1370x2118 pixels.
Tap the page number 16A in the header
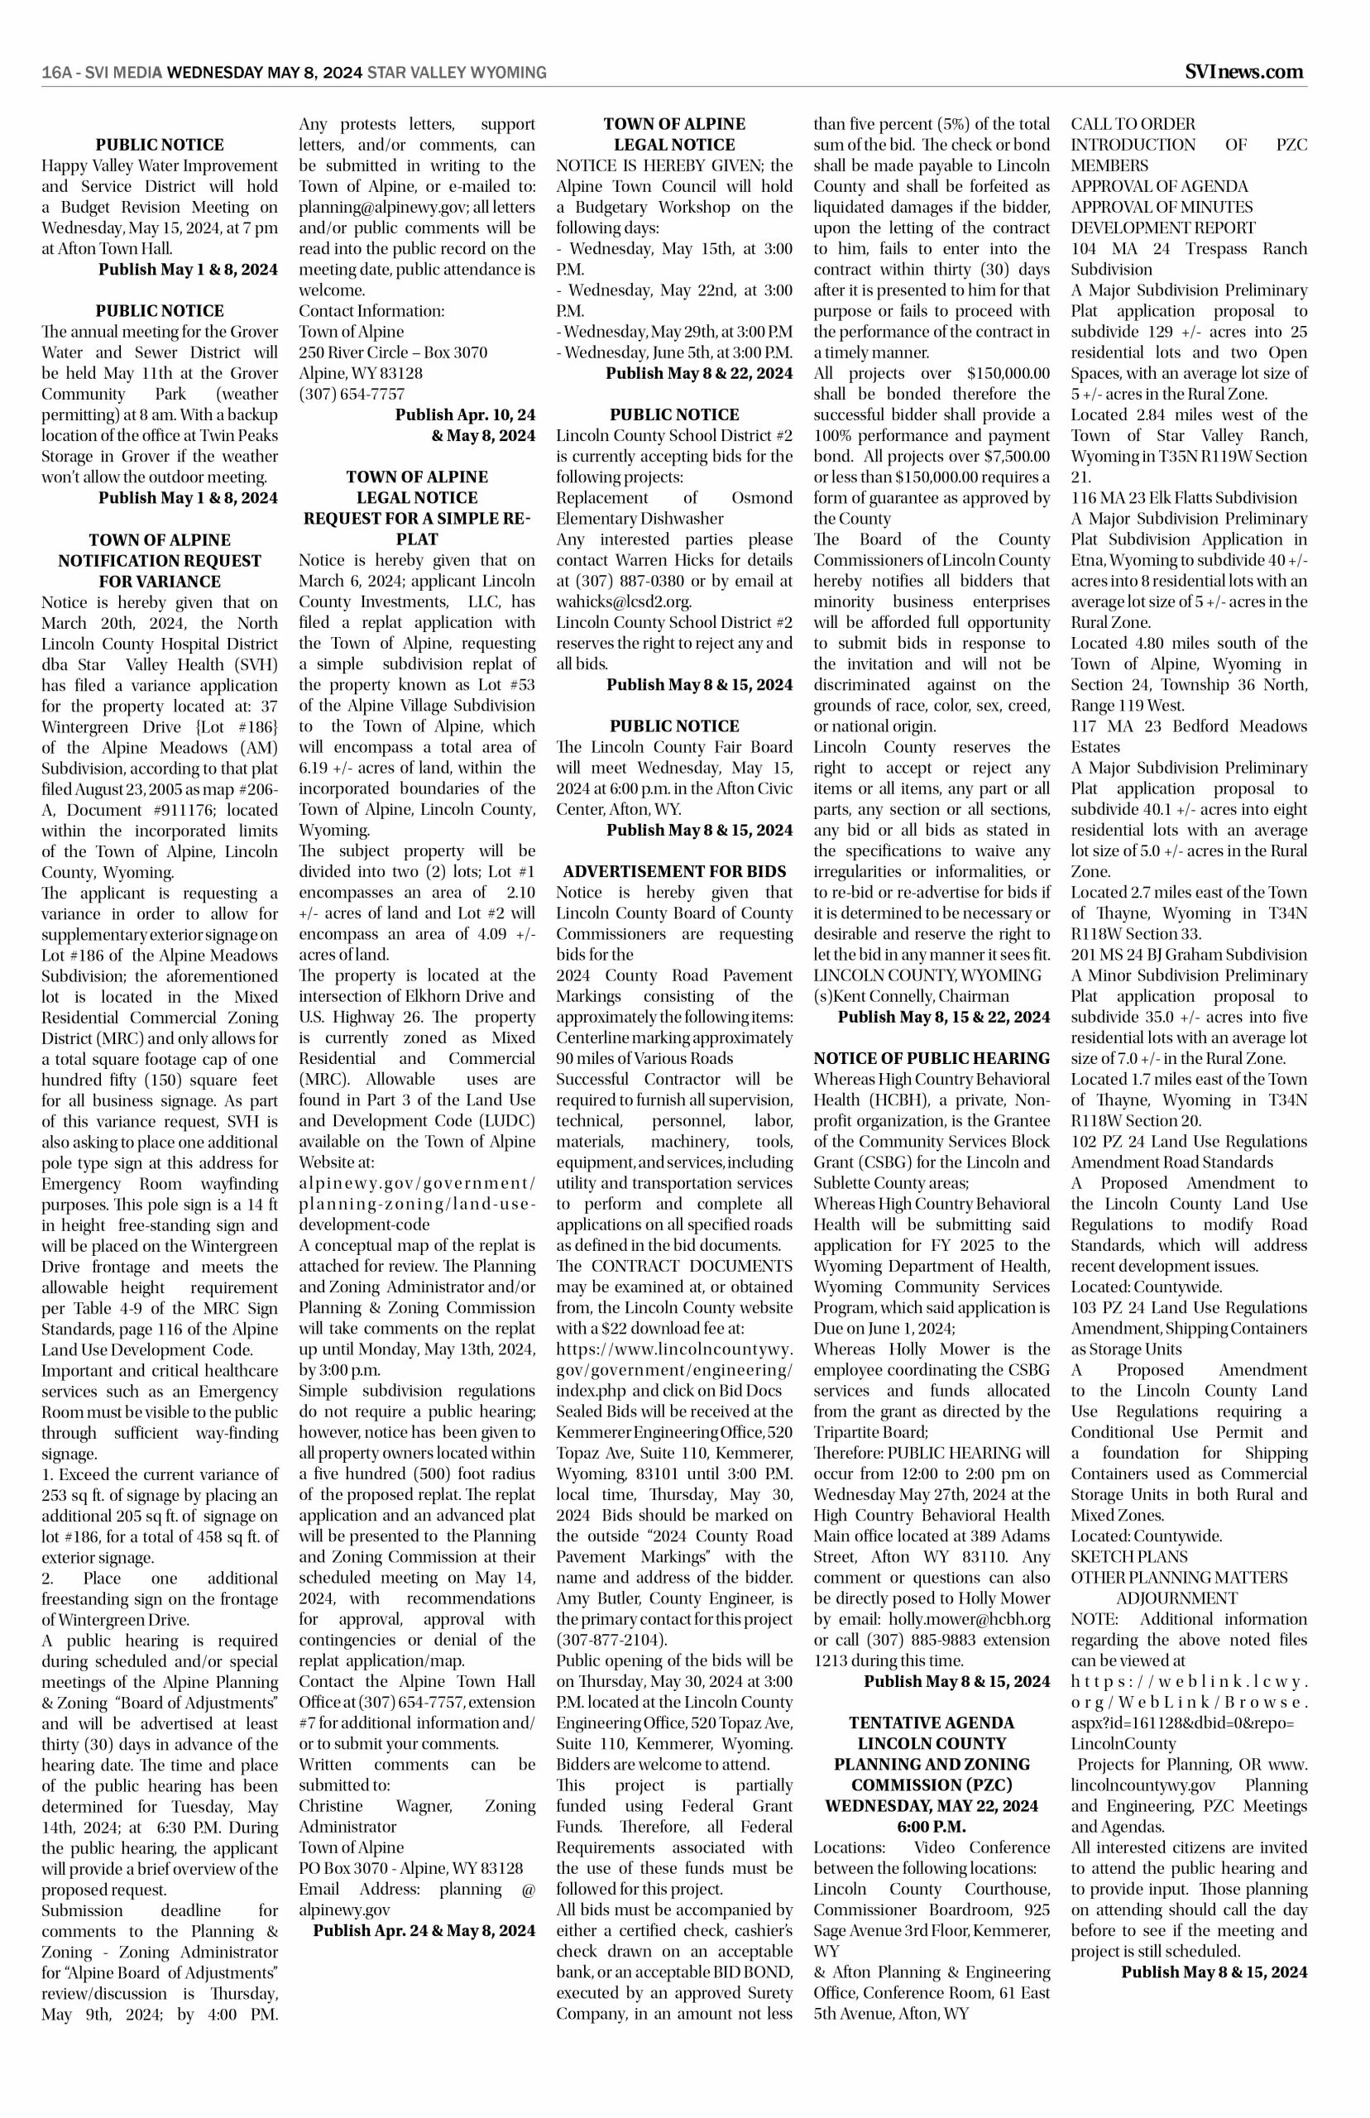(x=56, y=73)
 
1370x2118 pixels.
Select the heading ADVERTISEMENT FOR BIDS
(x=674, y=871)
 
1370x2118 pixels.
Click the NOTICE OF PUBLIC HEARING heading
(x=932, y=1057)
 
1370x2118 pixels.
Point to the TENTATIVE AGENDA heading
(x=932, y=1723)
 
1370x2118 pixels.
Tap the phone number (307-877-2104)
(x=612, y=1640)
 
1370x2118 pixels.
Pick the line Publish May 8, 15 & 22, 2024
(x=943, y=1017)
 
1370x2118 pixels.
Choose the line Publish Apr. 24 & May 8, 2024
(x=424, y=1930)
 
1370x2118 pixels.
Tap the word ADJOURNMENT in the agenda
(x=1176, y=1598)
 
